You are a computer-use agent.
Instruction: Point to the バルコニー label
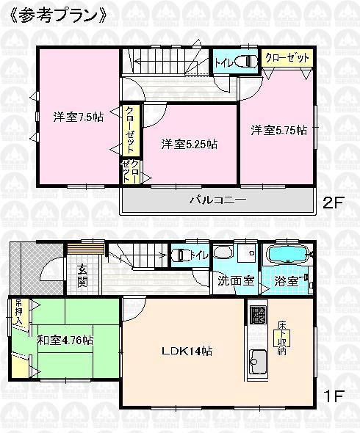click(213, 200)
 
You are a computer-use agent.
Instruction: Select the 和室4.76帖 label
click(66, 340)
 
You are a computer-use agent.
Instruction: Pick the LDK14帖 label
click(187, 351)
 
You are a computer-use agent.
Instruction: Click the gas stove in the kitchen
click(258, 316)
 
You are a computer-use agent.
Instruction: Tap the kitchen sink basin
click(259, 362)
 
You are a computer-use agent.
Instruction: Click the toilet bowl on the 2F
click(248, 62)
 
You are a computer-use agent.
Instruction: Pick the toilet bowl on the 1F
click(181, 255)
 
